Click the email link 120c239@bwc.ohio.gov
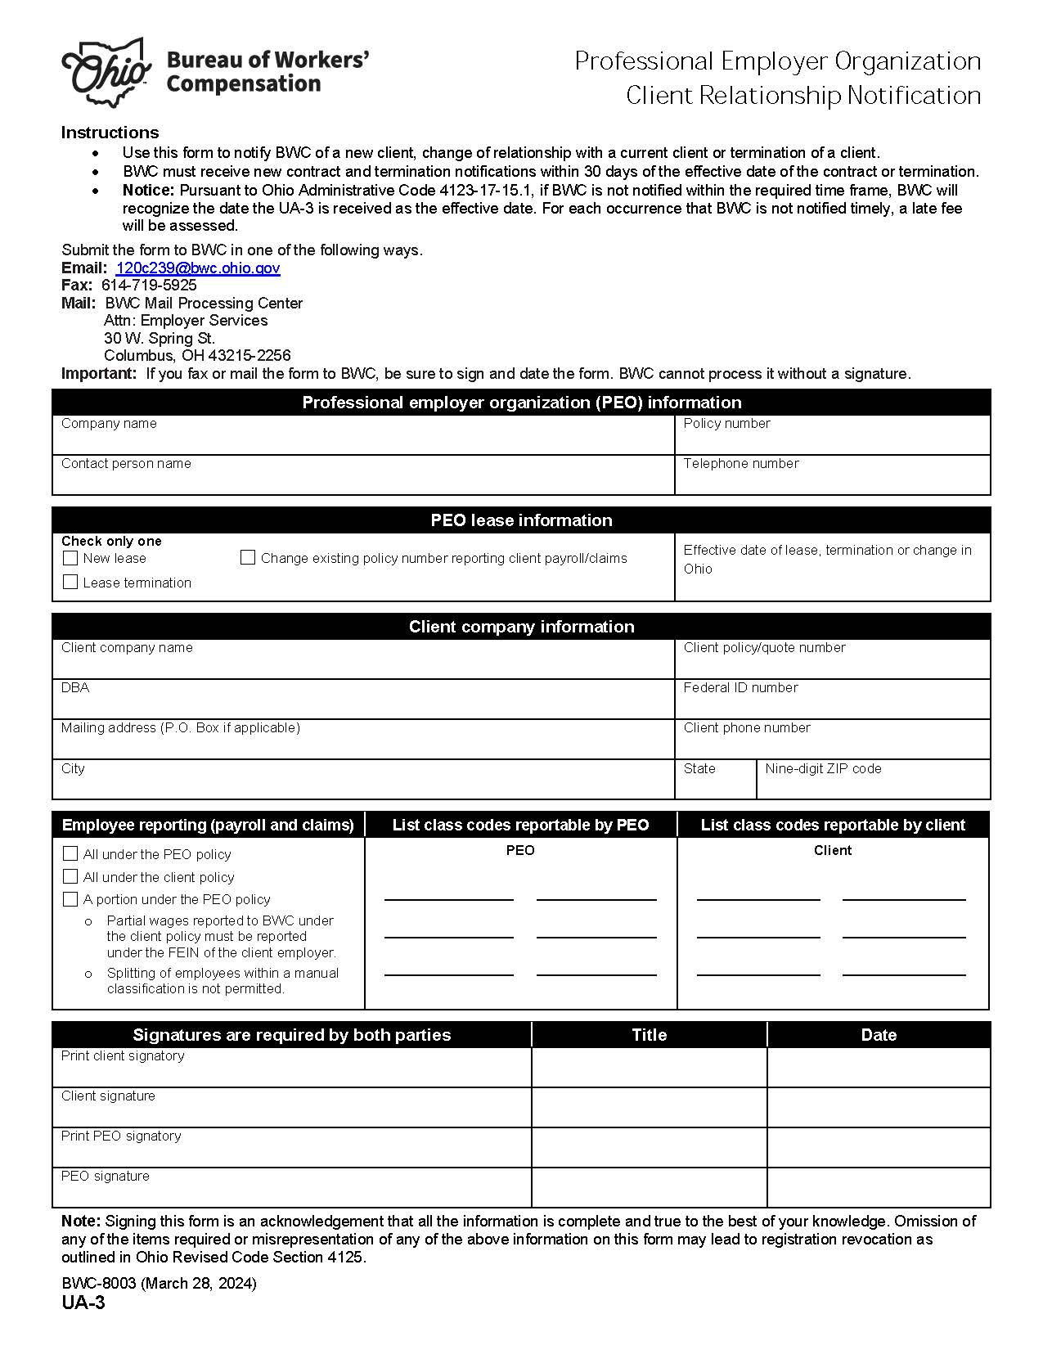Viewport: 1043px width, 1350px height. [x=197, y=268]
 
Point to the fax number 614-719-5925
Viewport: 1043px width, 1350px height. [x=149, y=285]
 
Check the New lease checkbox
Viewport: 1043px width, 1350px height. [x=70, y=558]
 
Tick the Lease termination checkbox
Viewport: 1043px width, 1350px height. [x=70, y=582]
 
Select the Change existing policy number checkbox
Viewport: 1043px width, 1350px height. [x=248, y=557]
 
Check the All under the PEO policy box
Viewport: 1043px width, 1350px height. [x=70, y=853]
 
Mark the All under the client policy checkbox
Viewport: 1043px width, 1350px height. [x=70, y=876]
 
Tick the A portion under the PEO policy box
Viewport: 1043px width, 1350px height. [x=70, y=899]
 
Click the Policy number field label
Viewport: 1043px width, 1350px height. [x=726, y=423]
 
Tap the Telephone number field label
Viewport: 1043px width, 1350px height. [x=740, y=463]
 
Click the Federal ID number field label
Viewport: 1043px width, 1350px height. [x=740, y=687]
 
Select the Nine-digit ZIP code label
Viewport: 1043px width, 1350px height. [x=823, y=768]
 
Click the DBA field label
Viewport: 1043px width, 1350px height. [x=74, y=687]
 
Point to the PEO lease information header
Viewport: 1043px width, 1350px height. [x=521, y=520]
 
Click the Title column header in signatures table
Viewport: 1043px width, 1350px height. [x=649, y=1035]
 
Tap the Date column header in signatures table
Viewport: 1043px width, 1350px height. [x=879, y=1035]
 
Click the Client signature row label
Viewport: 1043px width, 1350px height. [x=108, y=1096]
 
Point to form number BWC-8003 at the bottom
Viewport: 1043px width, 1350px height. [x=99, y=1283]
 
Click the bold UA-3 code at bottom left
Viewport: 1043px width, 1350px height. [x=83, y=1303]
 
